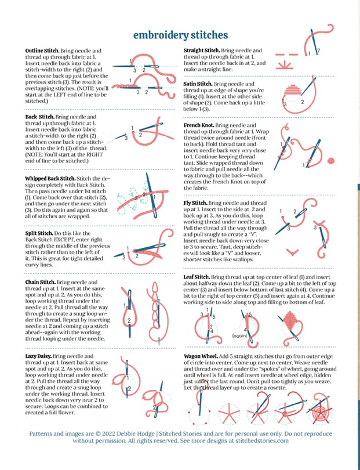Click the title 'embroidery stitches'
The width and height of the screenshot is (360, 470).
(x=180, y=35)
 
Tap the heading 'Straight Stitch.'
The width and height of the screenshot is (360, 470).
(x=201, y=51)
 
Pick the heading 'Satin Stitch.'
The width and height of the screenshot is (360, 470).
(x=197, y=84)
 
